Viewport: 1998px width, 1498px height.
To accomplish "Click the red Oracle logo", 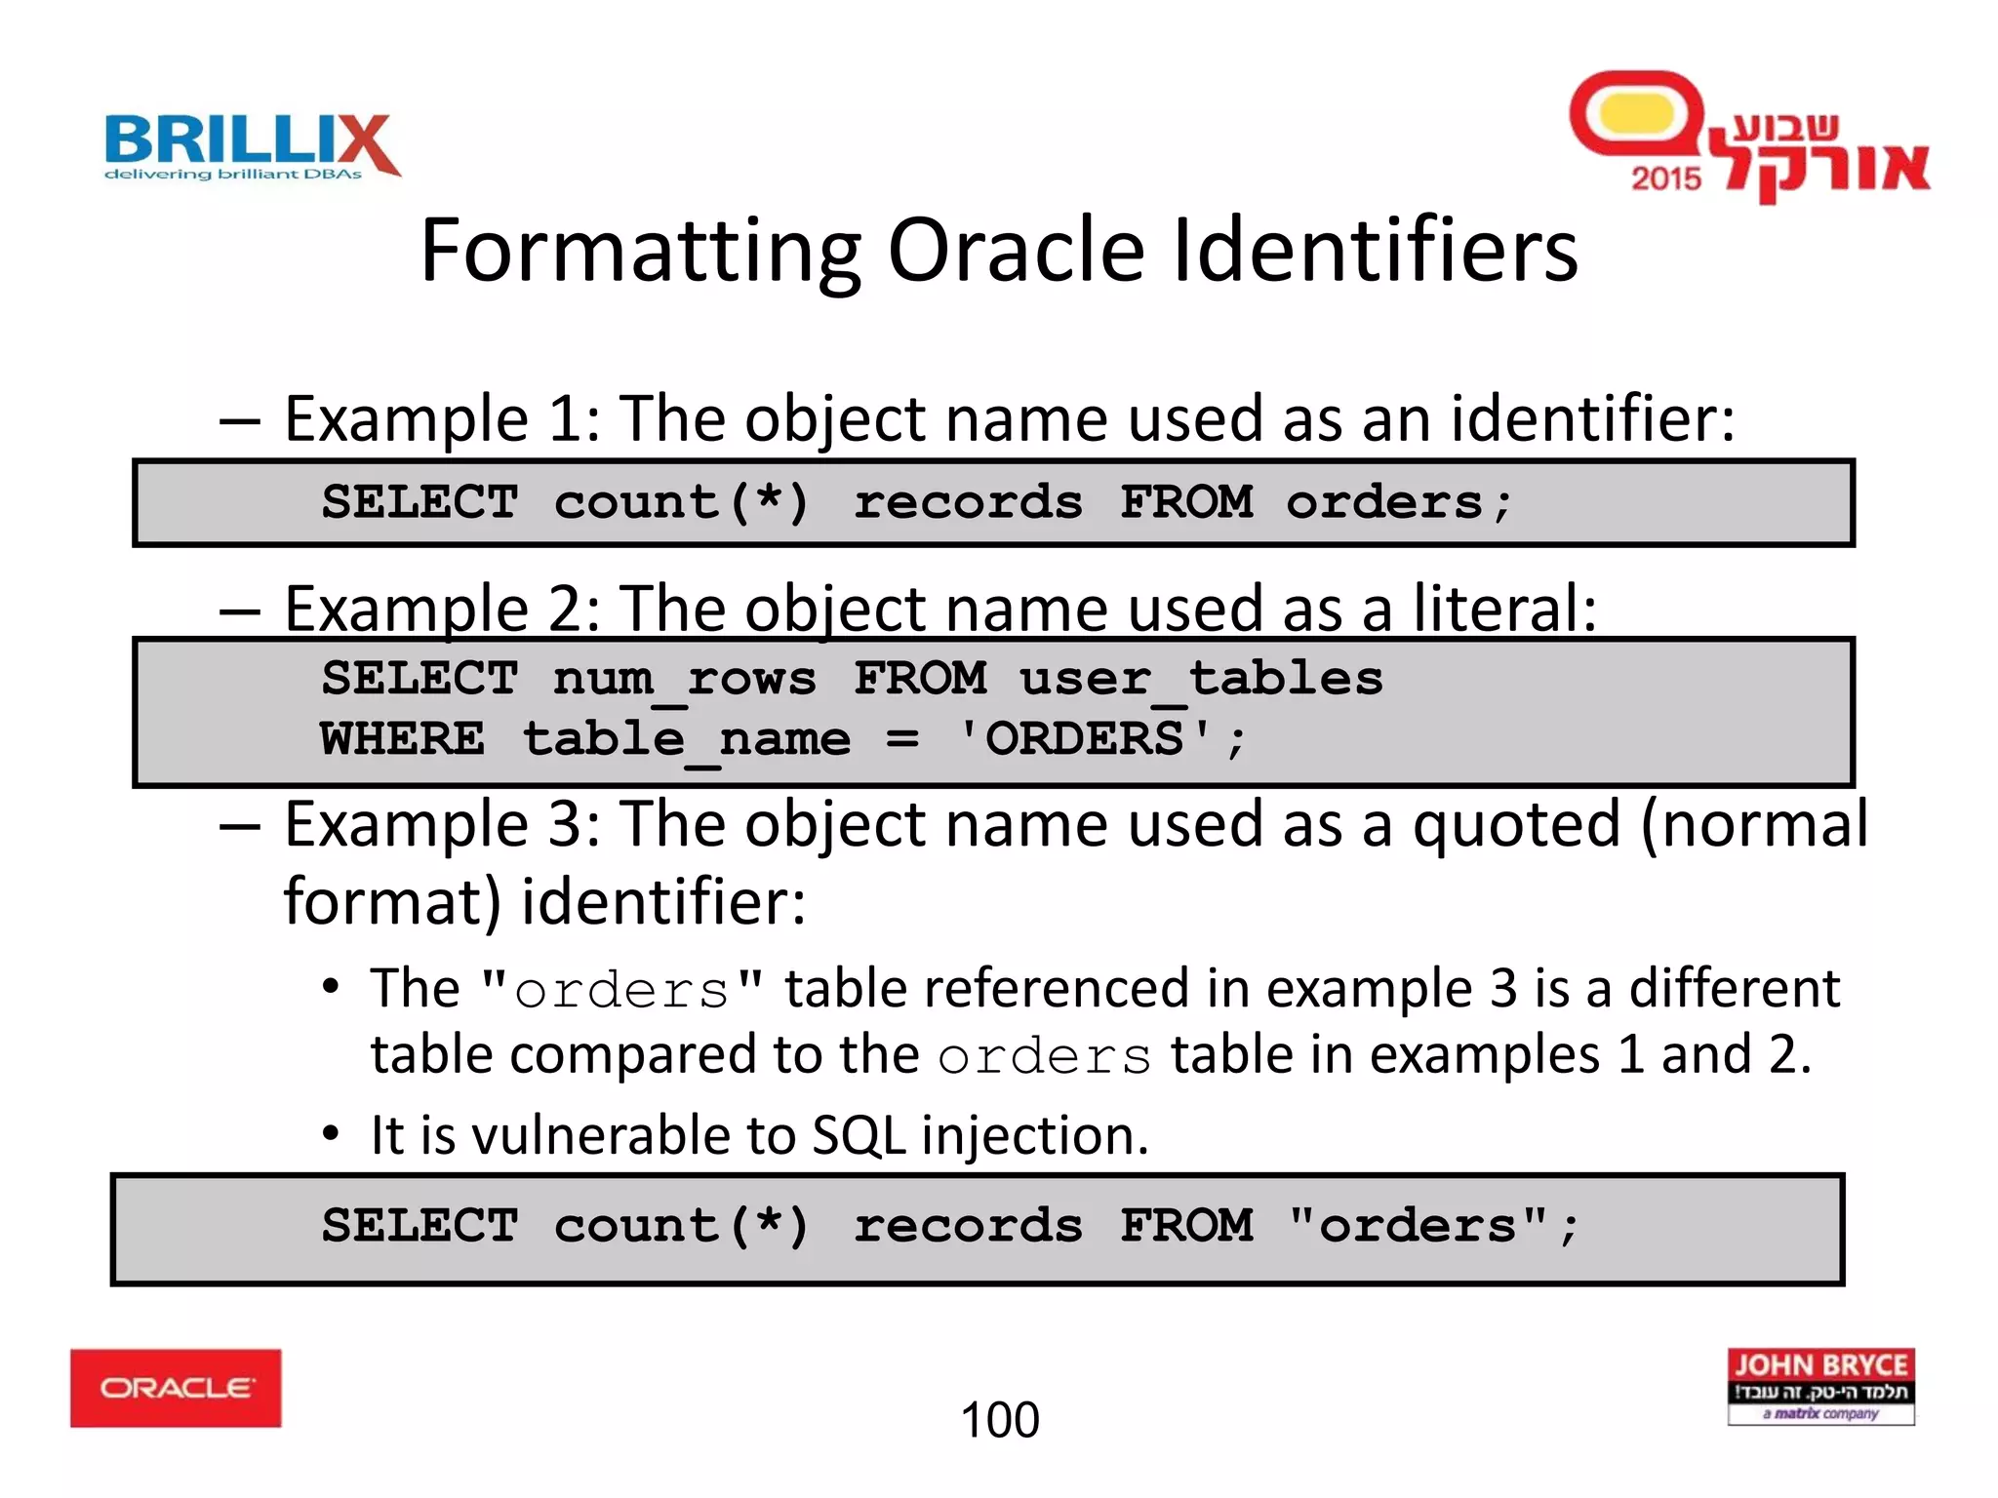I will click(176, 1388).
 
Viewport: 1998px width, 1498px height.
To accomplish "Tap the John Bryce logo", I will click(1820, 1386).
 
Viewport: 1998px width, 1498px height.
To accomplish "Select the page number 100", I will click(1000, 1420).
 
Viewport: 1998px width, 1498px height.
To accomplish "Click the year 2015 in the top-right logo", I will click(1665, 178).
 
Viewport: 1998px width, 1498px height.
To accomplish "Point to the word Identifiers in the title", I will click(1375, 252).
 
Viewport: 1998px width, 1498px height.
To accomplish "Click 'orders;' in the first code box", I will click(1398, 503).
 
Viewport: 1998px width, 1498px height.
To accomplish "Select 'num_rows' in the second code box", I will click(684, 679).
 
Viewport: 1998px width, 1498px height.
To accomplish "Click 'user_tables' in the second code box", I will click(1201, 679).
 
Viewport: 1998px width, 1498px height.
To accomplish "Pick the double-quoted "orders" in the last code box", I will click(1418, 1227).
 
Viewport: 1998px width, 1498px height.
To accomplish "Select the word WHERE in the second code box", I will click(402, 739).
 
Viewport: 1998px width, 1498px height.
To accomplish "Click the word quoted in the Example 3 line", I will click(1516, 825).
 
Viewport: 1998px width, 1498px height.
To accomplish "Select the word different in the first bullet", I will click(1734, 989).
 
